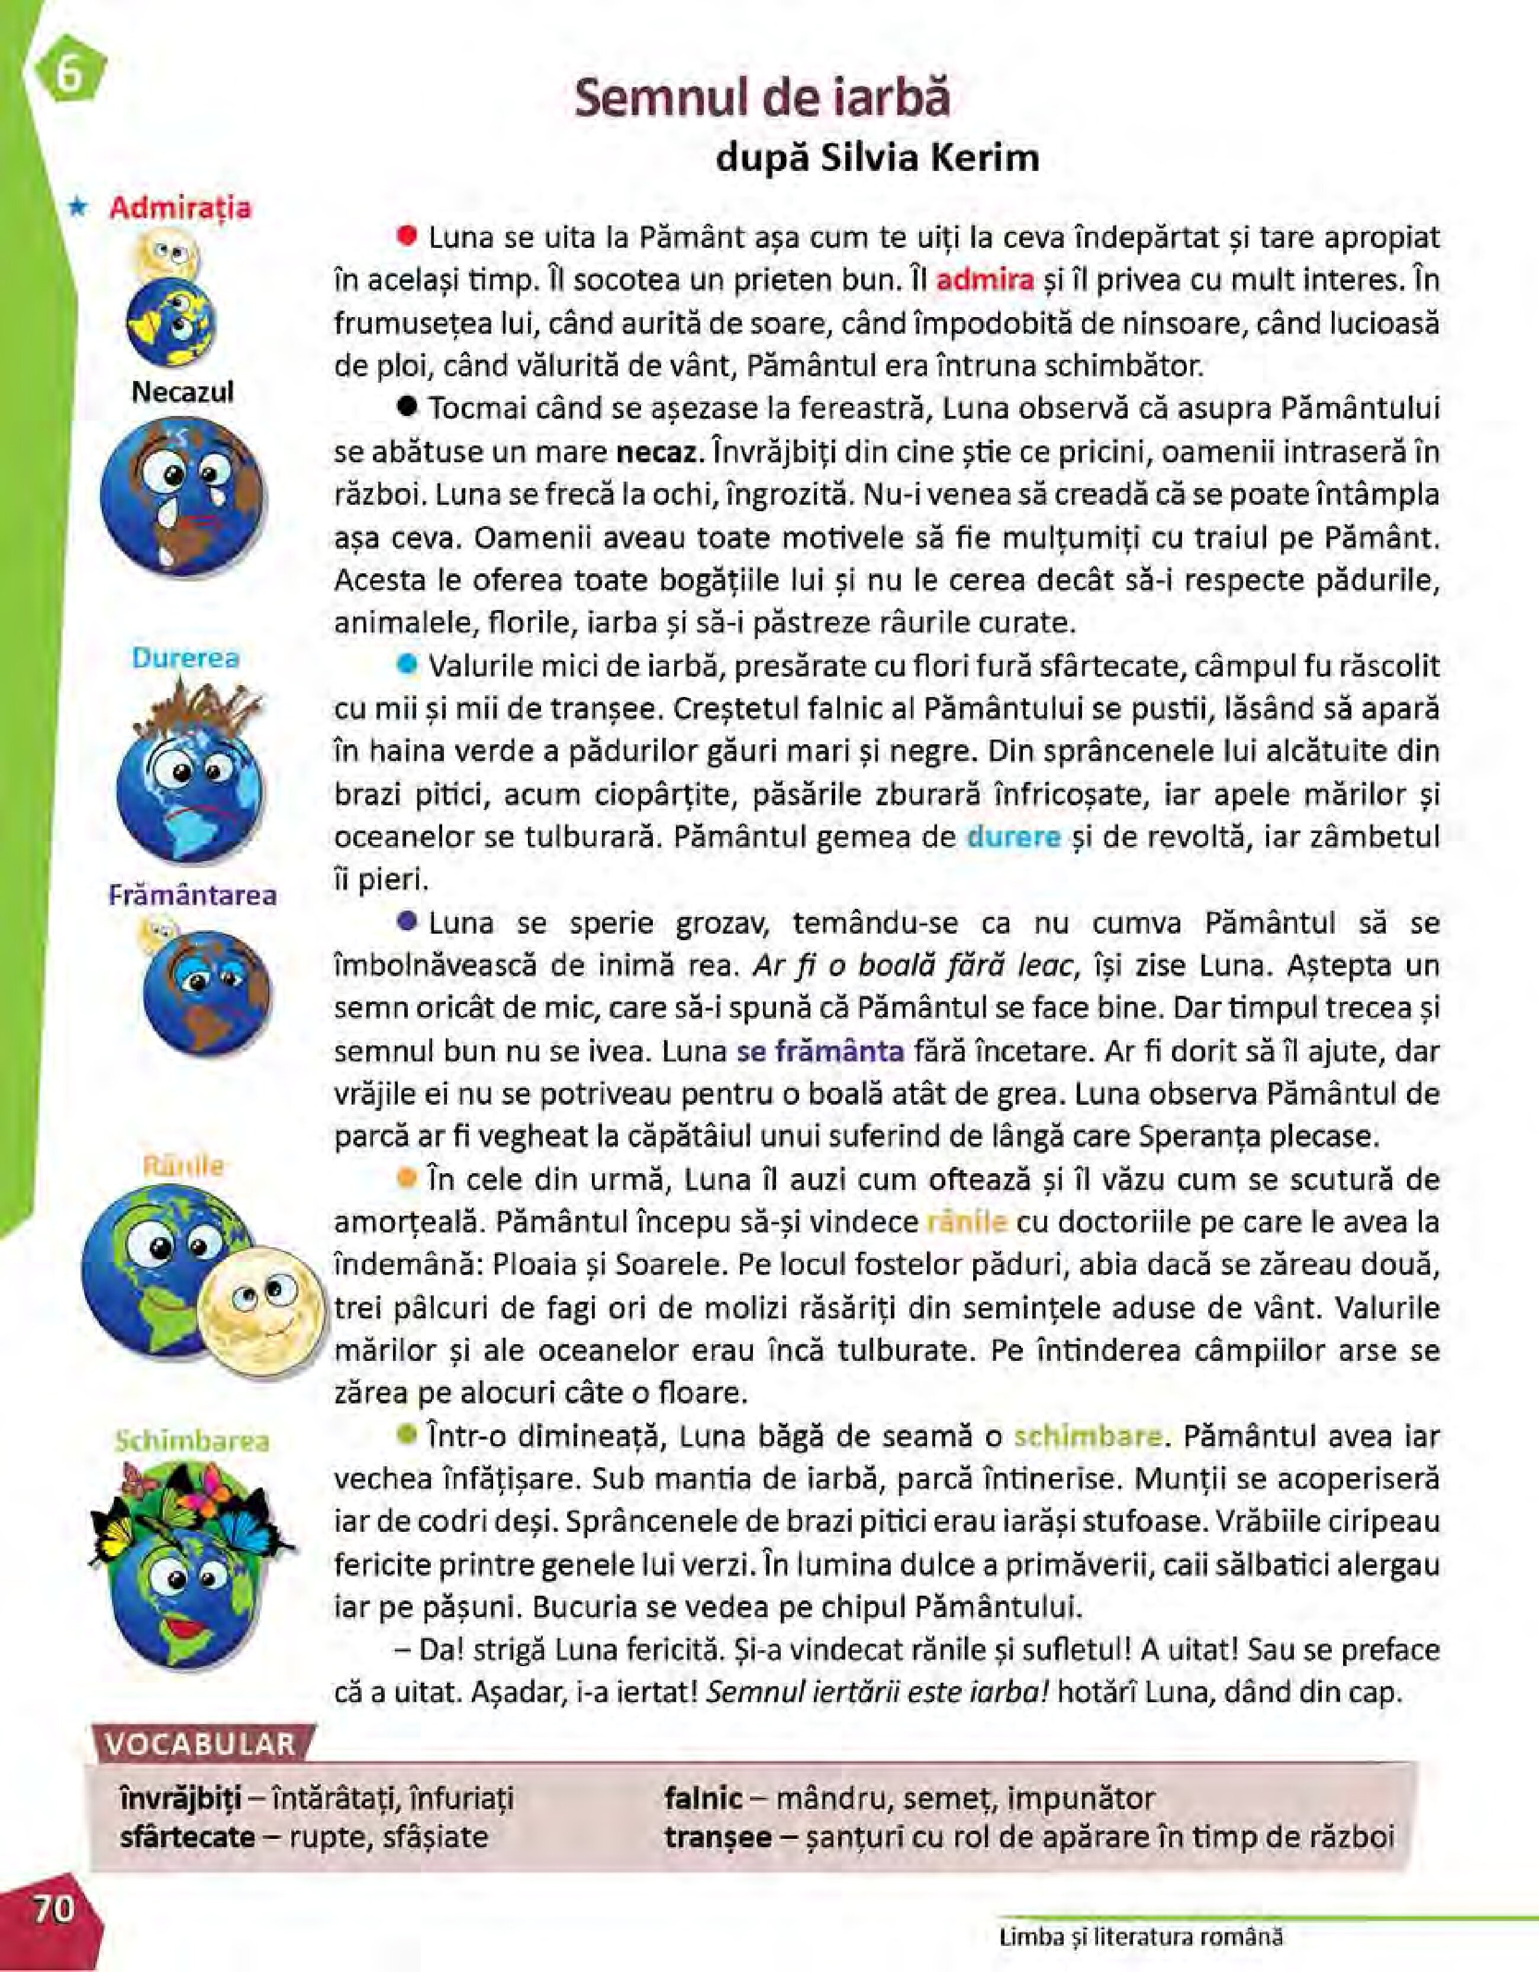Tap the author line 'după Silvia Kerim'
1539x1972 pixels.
click(877, 158)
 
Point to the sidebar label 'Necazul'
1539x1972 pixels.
click(182, 392)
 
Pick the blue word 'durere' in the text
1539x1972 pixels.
click(1013, 837)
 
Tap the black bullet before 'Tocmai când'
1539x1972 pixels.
click(407, 407)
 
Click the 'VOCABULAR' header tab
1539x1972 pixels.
click(201, 1744)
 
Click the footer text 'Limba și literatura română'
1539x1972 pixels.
click(1141, 1936)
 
